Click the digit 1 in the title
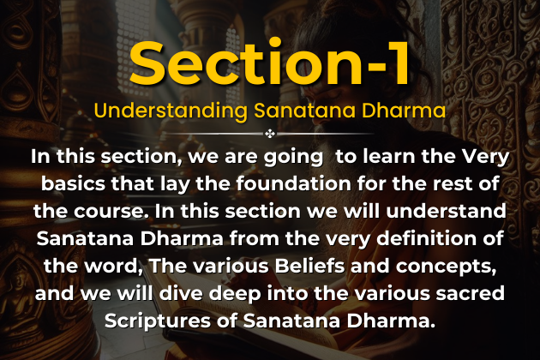tap(393, 61)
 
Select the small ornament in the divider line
tap(270, 134)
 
